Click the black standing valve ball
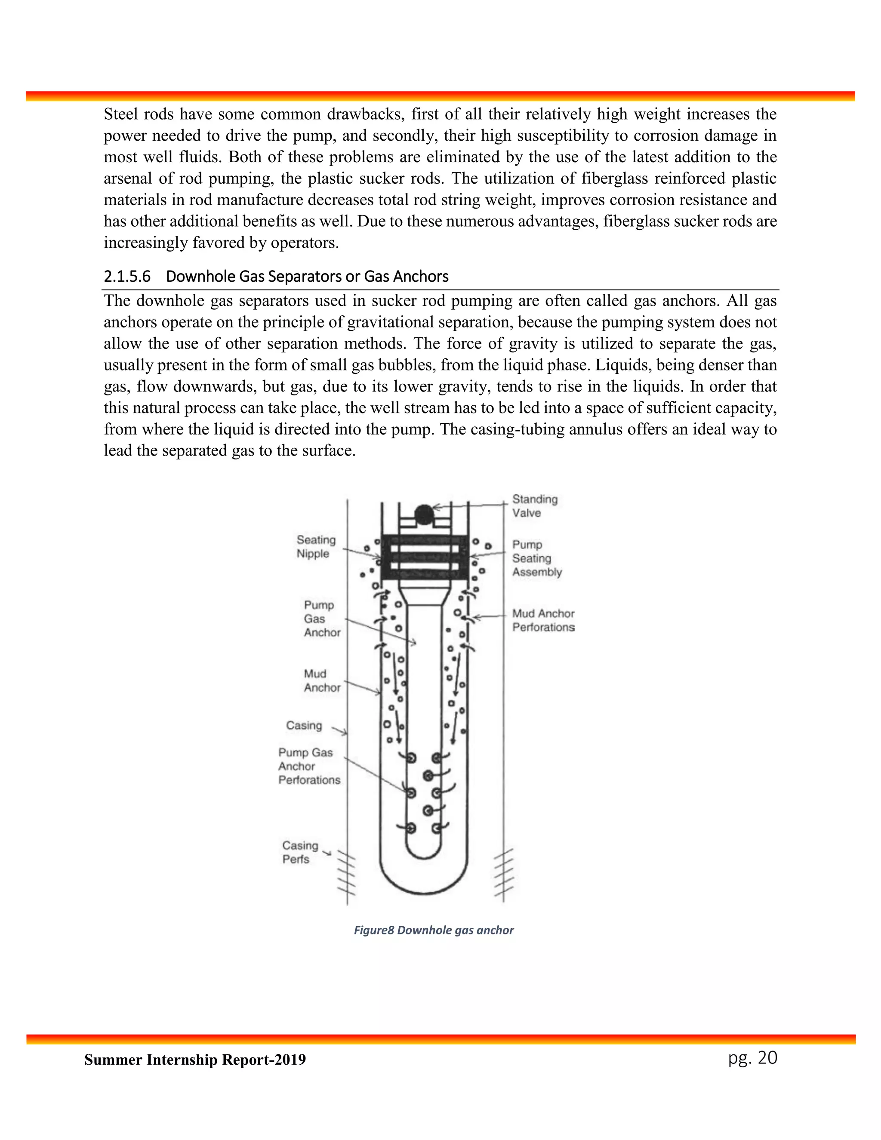[x=424, y=515]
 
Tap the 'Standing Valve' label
[x=534, y=506]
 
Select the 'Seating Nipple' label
[x=316, y=546]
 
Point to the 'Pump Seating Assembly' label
[x=536, y=558]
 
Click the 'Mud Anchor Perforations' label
[x=543, y=620]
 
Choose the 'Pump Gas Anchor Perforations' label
[x=309, y=766]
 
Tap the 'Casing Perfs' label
[x=299, y=852]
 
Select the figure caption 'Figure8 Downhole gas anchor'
[x=433, y=930]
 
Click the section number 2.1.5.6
[x=127, y=276]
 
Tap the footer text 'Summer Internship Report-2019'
[x=195, y=1060]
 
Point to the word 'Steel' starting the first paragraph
[x=121, y=114]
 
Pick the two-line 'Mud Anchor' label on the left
[x=322, y=681]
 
